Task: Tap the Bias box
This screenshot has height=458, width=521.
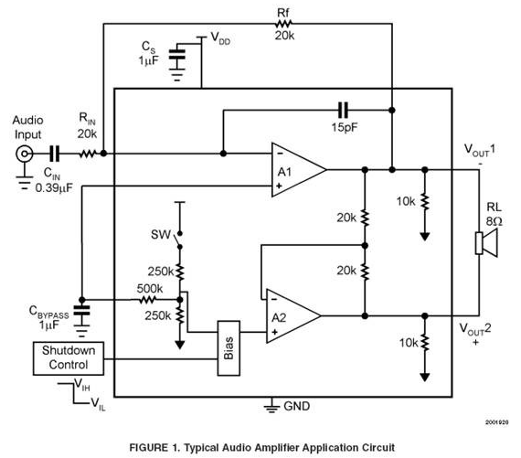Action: pos(229,348)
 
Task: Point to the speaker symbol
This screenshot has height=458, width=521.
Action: pos(486,243)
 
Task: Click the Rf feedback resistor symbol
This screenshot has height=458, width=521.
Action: pos(283,24)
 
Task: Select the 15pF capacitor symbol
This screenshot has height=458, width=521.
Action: pos(343,110)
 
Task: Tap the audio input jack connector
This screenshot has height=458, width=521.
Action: pos(25,154)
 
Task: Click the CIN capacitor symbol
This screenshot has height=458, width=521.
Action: pos(54,154)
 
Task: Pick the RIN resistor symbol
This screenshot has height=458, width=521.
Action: pos(88,154)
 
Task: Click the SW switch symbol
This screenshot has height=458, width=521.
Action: pos(177,240)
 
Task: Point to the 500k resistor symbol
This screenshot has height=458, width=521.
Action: pos(147,300)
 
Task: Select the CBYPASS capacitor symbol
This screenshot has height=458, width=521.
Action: pos(81,311)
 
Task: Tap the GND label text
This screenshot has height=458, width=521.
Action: pos(297,406)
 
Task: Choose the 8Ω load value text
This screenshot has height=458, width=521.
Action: pos(494,221)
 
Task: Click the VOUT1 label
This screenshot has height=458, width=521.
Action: pos(480,150)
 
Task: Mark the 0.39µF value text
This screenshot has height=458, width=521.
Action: pos(54,188)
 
